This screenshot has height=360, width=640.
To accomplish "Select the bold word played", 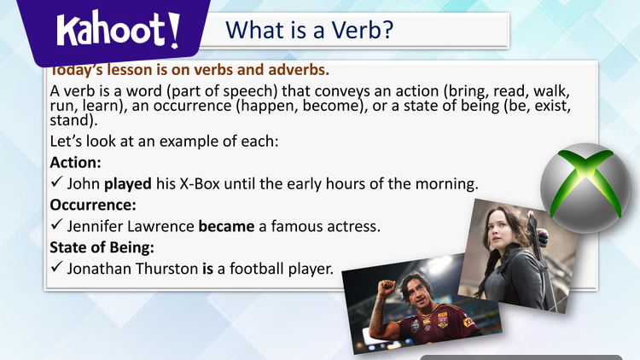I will point(128,183).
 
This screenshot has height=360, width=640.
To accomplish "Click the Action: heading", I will point(77,162).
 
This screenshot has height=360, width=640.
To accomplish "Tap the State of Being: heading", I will point(102,248).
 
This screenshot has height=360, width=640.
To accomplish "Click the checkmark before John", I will point(56,183).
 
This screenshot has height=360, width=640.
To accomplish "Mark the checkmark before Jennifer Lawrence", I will point(56,228).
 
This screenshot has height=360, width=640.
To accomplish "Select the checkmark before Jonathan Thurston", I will point(56,270).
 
